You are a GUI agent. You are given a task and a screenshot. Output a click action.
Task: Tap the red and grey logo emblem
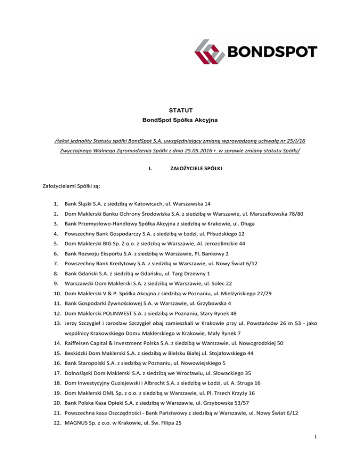click(210, 51)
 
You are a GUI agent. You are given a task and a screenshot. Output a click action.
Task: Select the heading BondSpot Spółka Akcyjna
click(180, 121)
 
